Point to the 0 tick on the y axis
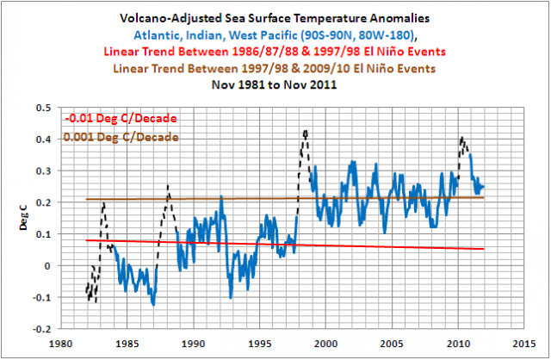pos(46,265)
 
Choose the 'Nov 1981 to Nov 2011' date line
pos(275,87)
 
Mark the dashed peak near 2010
pos(462,138)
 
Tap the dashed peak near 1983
pos(103,203)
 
